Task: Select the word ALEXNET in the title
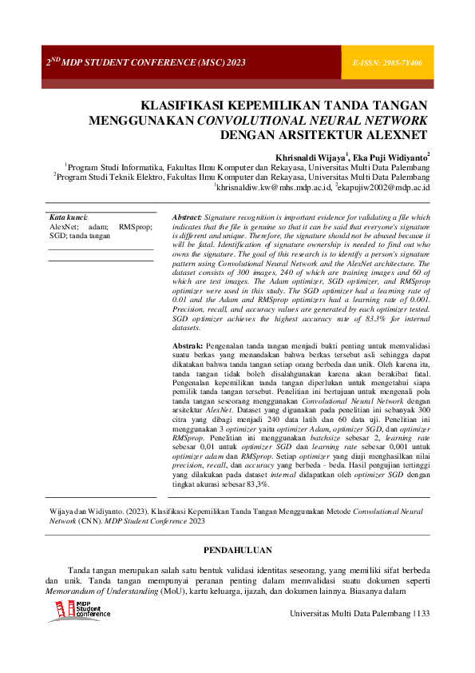pos(391,134)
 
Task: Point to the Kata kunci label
pos(69,217)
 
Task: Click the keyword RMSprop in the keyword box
pos(136,227)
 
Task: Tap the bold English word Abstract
pos(188,217)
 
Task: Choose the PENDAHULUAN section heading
pos(237,552)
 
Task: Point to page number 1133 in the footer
pos(421,612)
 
